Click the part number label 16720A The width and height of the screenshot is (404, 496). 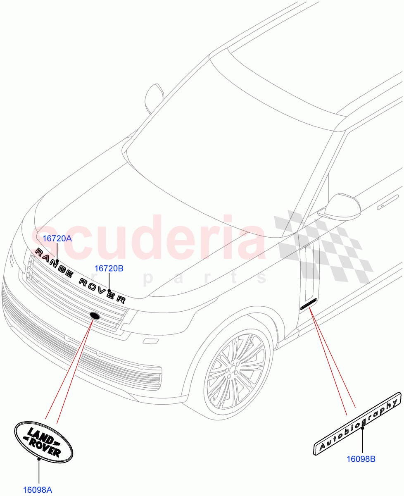tap(57, 239)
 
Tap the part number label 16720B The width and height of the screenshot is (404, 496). tap(109, 269)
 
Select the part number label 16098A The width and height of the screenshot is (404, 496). tap(37, 490)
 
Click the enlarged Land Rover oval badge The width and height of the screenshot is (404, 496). tap(43, 440)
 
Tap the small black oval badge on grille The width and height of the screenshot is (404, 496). tap(95, 316)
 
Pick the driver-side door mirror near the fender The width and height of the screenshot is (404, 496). tap(343, 206)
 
